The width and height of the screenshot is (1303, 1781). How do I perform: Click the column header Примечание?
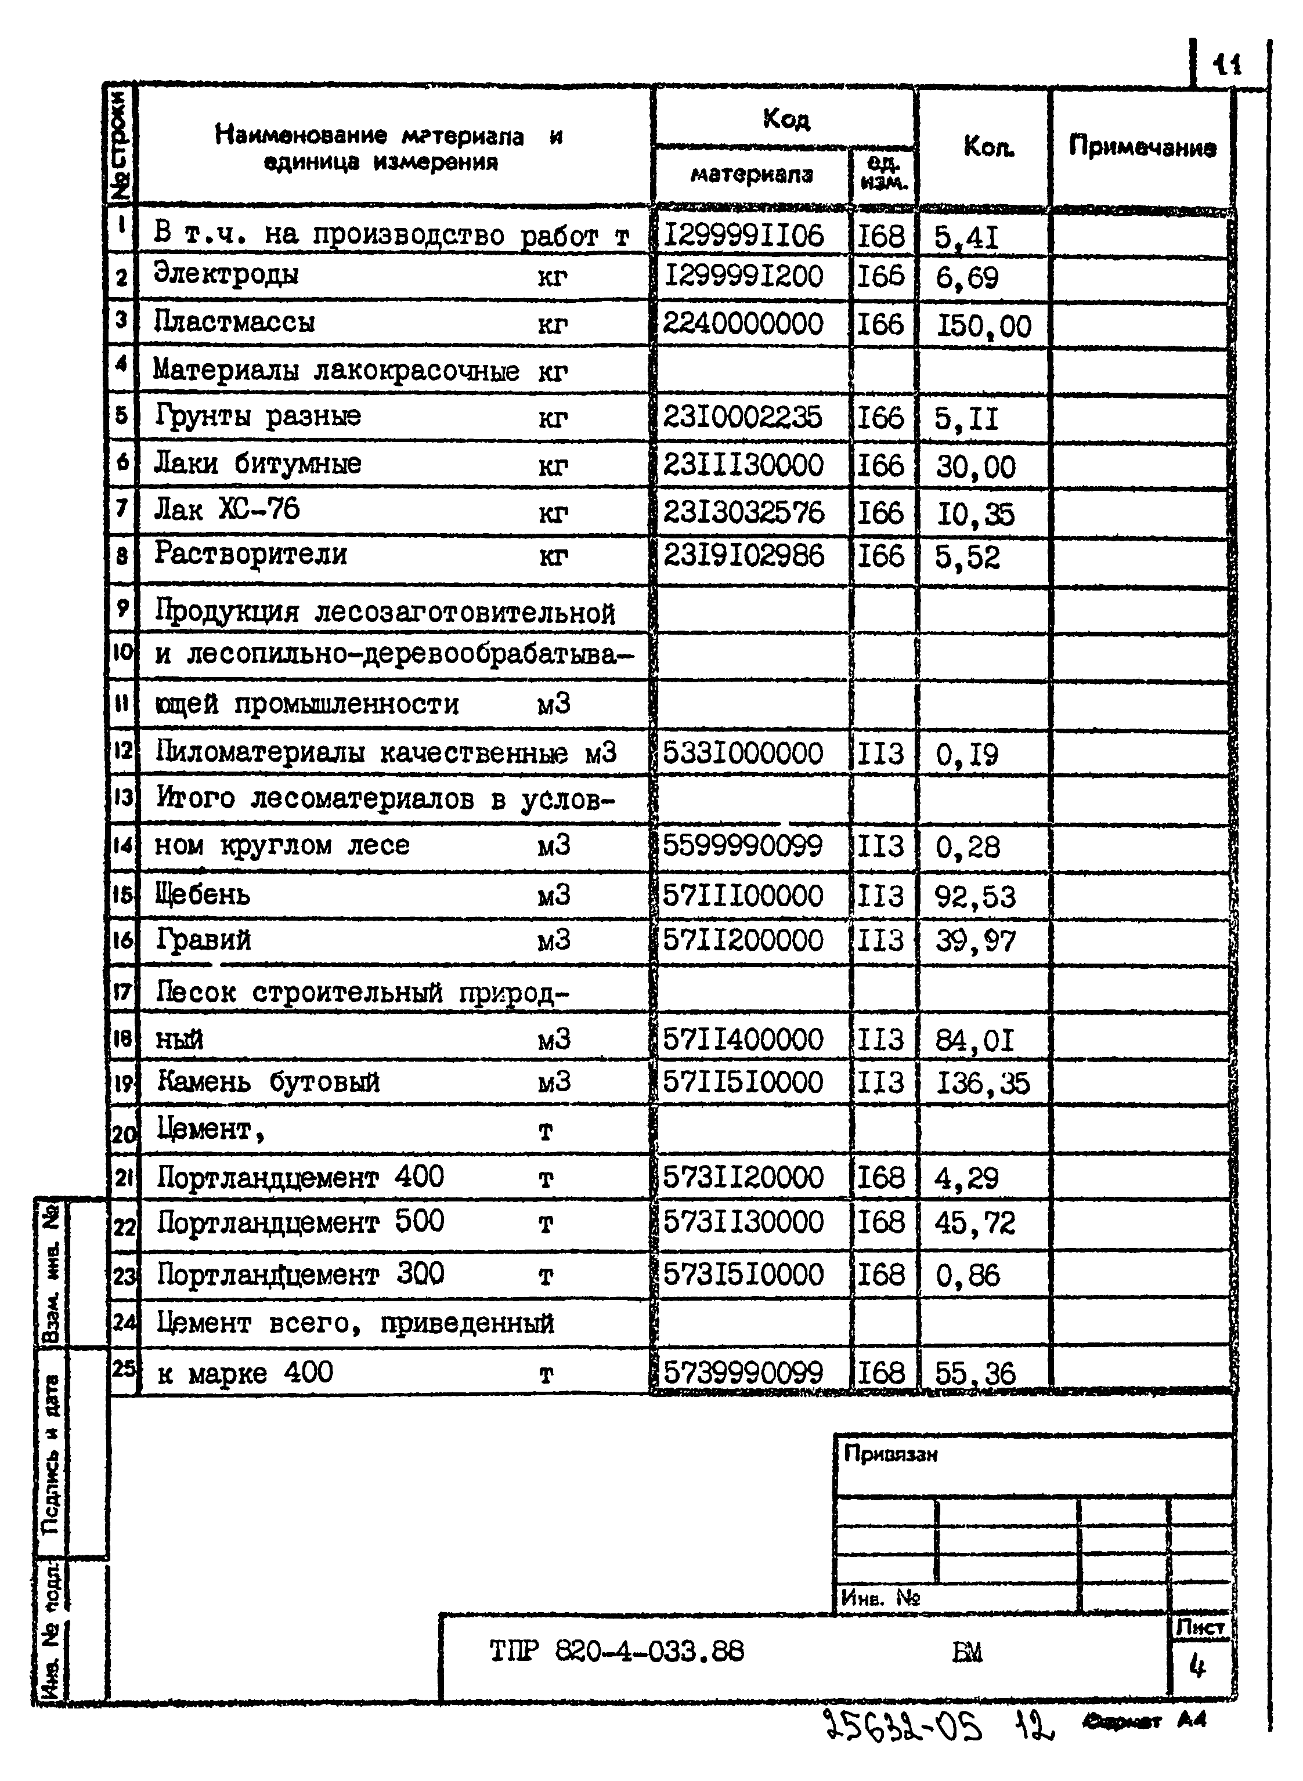1141,147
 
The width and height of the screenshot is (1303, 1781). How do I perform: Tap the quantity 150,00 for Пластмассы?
983,325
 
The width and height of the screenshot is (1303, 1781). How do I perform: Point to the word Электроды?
226,274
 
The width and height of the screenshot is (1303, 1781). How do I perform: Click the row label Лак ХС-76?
227,509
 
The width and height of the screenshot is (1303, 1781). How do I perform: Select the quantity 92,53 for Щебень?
975,896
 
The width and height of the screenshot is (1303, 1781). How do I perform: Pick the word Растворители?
250,554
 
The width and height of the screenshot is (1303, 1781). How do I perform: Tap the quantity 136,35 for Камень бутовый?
983,1083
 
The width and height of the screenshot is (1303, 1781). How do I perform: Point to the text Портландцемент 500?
301,1222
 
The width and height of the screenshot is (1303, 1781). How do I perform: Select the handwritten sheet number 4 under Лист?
1197,1666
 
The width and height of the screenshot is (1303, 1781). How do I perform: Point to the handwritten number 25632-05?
904,1726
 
